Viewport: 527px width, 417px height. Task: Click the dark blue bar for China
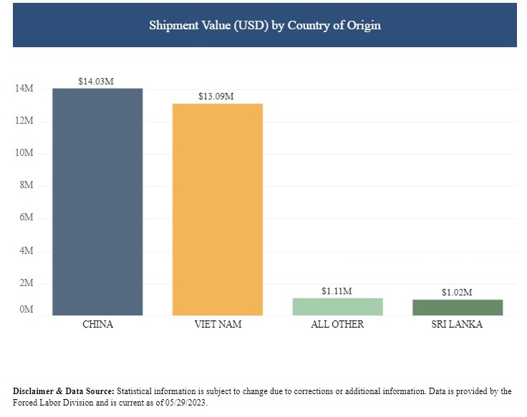coord(97,202)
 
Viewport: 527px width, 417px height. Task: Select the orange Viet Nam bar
coord(218,209)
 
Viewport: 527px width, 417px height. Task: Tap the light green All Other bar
coord(337,306)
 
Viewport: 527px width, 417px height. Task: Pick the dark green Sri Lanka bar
coord(457,307)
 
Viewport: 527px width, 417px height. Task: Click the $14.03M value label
coord(96,81)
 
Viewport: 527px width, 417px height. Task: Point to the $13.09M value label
coord(216,96)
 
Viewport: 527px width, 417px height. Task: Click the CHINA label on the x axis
coord(98,324)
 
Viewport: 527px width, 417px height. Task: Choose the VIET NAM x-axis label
coord(218,324)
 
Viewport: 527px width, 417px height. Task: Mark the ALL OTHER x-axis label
coord(337,324)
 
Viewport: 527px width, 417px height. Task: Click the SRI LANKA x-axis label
coord(457,324)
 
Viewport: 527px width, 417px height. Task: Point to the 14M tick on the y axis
coord(24,89)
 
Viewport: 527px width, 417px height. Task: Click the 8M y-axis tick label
coord(26,186)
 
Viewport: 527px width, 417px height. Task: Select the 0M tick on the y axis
coord(26,310)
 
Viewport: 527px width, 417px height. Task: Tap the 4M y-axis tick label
coord(26,251)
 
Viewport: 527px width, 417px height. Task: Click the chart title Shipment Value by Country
coord(264,25)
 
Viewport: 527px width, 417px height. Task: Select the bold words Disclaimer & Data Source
coord(63,391)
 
